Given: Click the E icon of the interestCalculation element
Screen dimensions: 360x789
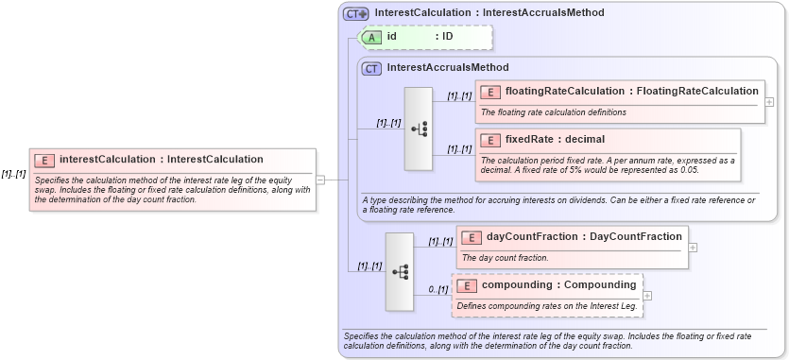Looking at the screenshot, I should [x=44, y=160].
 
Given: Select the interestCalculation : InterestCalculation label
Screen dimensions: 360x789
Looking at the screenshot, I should [x=161, y=160].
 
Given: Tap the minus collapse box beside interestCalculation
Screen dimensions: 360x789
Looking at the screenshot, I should [x=320, y=179].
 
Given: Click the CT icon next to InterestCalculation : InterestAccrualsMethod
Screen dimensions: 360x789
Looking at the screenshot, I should [x=356, y=13].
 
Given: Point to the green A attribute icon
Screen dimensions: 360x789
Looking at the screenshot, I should [x=373, y=37].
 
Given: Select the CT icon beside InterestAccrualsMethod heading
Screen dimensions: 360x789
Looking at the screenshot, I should [x=372, y=68].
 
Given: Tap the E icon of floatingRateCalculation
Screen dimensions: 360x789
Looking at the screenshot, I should [x=490, y=92].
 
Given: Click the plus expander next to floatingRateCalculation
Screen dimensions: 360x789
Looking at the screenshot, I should [x=769, y=101].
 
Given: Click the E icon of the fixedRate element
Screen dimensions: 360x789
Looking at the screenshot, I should [x=490, y=139].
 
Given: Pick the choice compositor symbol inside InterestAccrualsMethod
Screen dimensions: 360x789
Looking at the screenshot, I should [x=419, y=129].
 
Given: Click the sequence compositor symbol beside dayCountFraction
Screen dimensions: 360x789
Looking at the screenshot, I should [x=400, y=271].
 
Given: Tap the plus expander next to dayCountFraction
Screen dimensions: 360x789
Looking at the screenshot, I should [x=694, y=247].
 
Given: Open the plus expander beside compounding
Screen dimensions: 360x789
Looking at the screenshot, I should [x=647, y=295].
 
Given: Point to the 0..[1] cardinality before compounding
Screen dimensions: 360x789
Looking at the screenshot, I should [x=437, y=289].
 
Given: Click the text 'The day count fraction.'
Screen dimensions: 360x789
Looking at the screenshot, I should [x=505, y=258].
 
